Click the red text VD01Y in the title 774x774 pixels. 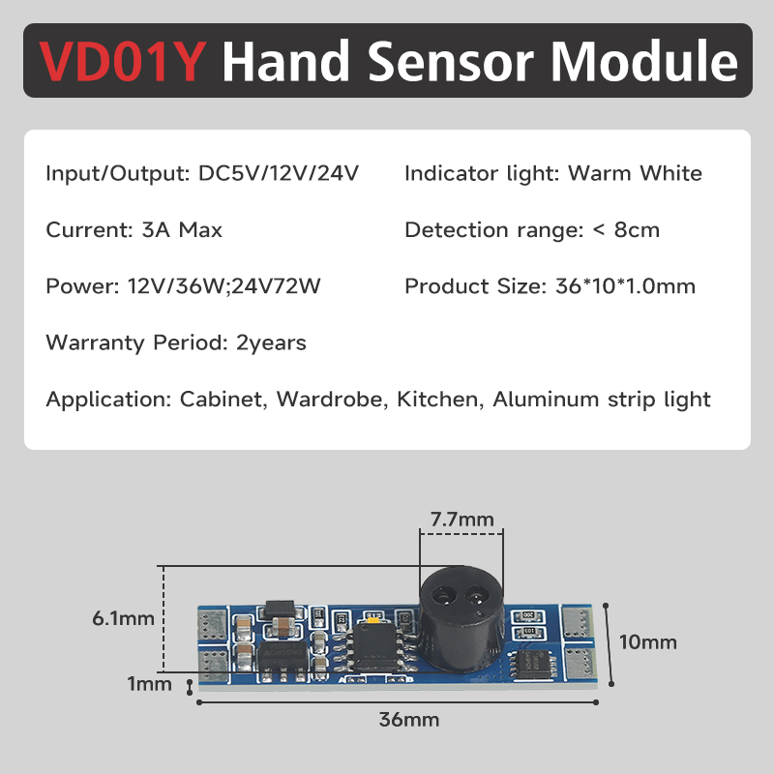(122, 61)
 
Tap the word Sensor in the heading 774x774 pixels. (451, 61)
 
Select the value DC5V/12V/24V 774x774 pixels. (279, 173)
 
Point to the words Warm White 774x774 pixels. (635, 173)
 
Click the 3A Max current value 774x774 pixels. (182, 230)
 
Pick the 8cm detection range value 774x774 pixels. (637, 230)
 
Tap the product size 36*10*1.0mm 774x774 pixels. (625, 286)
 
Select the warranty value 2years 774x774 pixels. (271, 343)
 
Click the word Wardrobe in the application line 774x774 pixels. (329, 400)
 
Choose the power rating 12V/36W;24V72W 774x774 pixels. (224, 286)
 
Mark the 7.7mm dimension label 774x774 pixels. (462, 520)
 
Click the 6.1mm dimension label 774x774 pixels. (124, 618)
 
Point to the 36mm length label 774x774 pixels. (408, 720)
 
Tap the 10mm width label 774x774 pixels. (647, 642)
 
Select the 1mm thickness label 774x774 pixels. (150, 684)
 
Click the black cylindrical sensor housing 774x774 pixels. (461, 618)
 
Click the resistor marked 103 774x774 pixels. (529, 632)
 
